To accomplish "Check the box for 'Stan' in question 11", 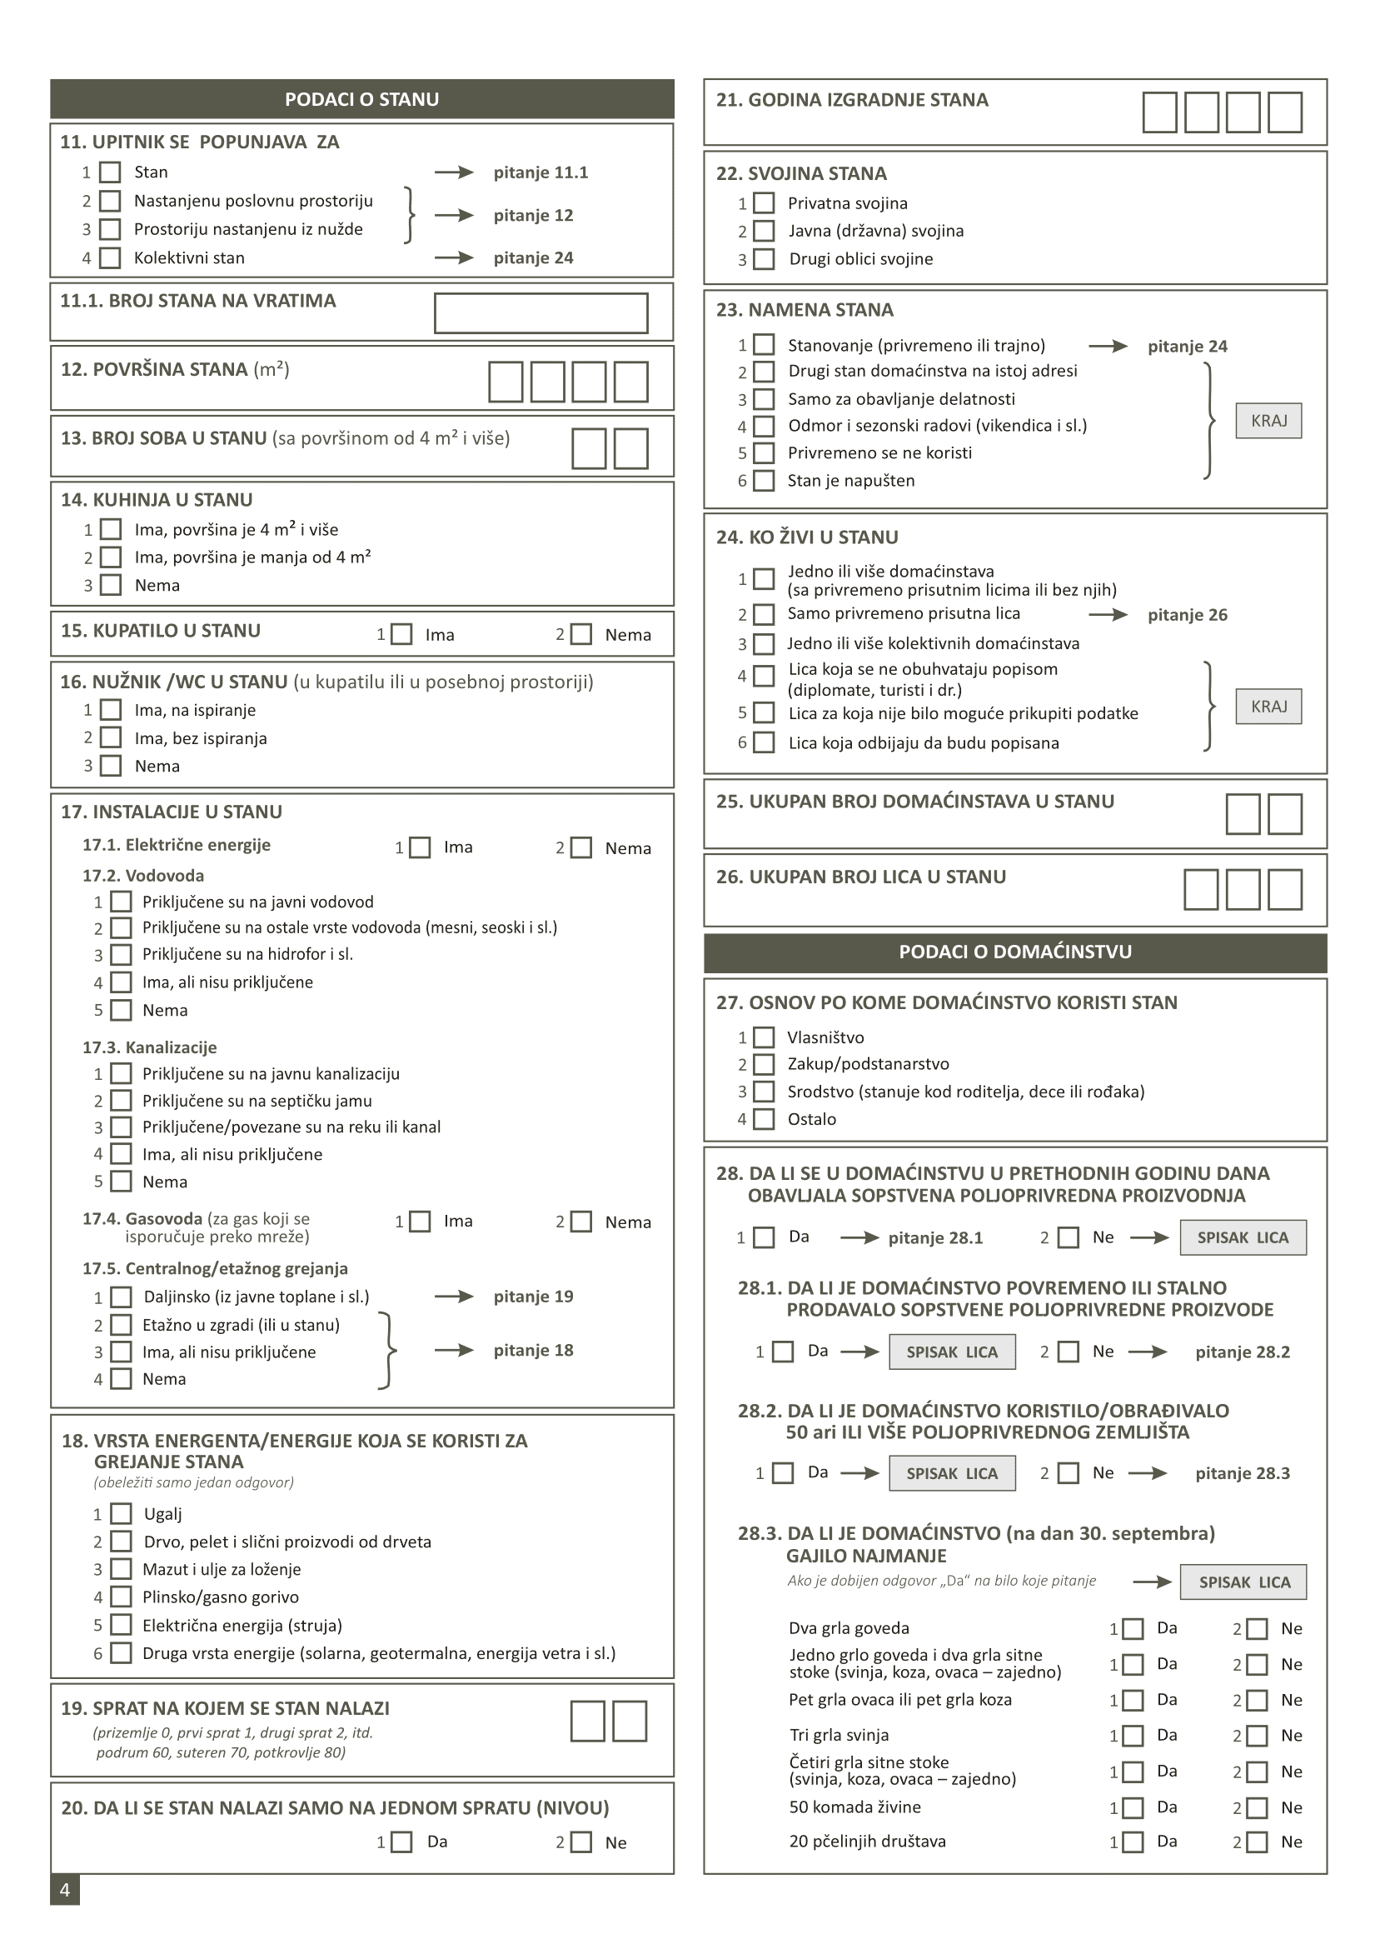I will click(x=110, y=172).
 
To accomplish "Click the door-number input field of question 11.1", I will click(x=541, y=312).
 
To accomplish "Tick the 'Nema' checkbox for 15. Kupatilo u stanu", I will click(x=581, y=634).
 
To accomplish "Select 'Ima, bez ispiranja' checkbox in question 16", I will click(x=111, y=737).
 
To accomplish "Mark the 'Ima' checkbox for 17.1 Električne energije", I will click(x=420, y=847).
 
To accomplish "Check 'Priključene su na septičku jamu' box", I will click(x=122, y=1101).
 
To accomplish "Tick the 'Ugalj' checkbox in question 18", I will click(x=122, y=1514).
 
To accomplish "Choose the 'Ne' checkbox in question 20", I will click(x=581, y=1842).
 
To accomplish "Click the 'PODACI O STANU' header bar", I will click(x=362, y=99).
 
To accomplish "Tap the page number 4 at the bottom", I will click(x=65, y=1890).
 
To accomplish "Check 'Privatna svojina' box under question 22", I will click(x=764, y=203).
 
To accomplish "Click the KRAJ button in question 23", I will click(x=1268, y=421).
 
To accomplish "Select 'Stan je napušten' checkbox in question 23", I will click(x=764, y=481).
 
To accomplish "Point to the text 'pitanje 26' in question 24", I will click(x=1187, y=615).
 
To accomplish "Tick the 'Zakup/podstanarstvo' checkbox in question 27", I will click(x=764, y=1064).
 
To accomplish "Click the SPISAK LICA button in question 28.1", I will click(x=952, y=1352).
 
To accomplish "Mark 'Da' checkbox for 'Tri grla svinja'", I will click(x=1133, y=1736).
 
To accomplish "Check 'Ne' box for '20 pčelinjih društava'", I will click(x=1257, y=1842).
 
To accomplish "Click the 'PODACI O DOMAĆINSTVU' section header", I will click(x=1014, y=952).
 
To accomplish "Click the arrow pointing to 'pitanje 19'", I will click(x=454, y=1297).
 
